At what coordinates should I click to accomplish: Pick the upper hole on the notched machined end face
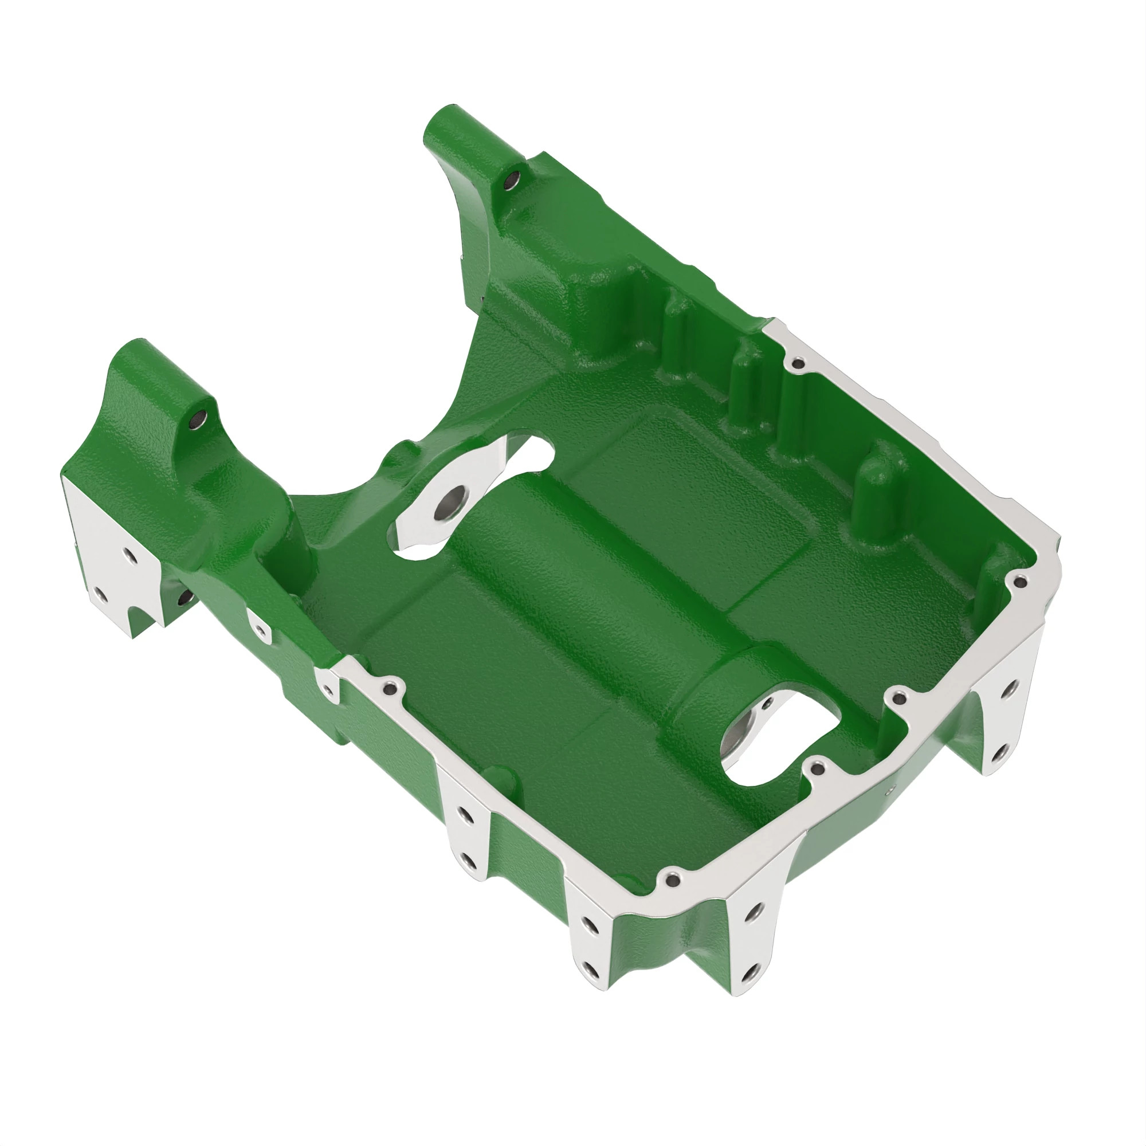128,556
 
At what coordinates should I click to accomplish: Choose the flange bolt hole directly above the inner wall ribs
798,363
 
